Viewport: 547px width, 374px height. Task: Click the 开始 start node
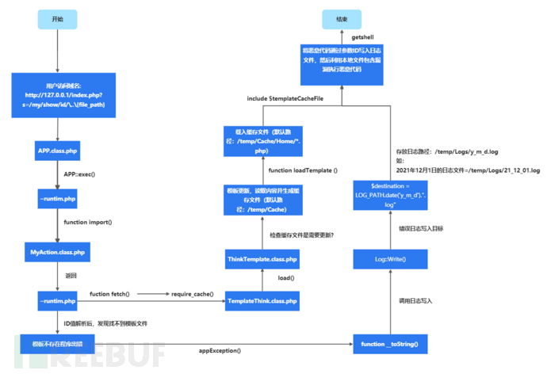click(59, 18)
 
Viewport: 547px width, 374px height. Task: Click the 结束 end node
click(342, 18)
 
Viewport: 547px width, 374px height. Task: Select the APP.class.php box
click(59, 150)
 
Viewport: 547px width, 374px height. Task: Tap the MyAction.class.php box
click(59, 253)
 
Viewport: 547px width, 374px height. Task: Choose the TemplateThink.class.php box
click(262, 301)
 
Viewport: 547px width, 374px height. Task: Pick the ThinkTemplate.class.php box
click(262, 259)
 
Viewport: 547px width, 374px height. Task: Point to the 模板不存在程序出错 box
click(59, 346)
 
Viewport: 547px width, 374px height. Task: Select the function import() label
click(88, 223)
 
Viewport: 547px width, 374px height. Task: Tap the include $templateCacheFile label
click(286, 98)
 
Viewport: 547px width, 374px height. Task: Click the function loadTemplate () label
click(303, 170)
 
